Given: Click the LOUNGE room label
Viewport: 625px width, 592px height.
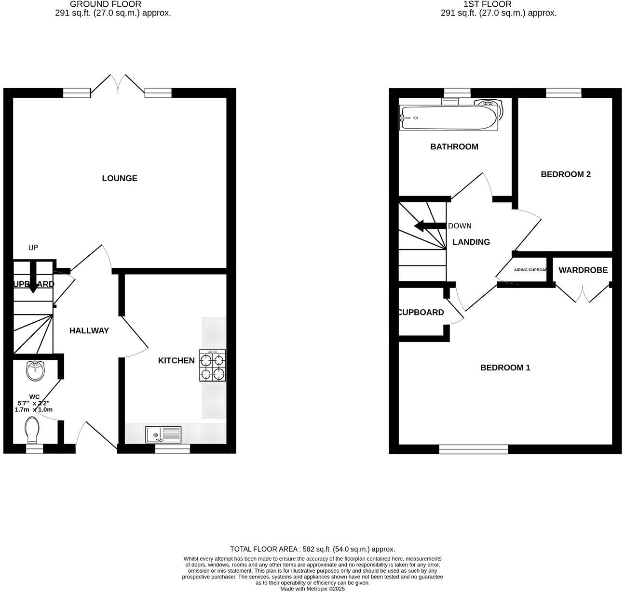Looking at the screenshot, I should coord(120,178).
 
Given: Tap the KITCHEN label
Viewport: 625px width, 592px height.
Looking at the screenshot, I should coord(177,360).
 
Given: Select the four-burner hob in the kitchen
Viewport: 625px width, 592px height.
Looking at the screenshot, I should coord(213,366).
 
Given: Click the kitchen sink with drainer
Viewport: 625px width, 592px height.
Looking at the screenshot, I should coord(164,434).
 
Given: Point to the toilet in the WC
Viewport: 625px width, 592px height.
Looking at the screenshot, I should coord(33,430).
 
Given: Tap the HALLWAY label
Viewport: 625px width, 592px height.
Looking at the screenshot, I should coord(89,330).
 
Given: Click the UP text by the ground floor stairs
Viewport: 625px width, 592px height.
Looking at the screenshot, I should coord(33,248).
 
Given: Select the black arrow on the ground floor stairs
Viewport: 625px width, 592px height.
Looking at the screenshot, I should coord(33,277).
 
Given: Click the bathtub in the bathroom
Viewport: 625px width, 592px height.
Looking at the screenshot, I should coord(448,118).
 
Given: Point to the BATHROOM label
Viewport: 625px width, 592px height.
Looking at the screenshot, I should coord(454,146).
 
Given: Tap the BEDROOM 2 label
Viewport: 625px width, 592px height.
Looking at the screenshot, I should coord(566,174).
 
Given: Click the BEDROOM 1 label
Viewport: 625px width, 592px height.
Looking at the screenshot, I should coord(505,368).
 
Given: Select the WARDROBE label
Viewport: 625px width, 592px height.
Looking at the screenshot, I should coord(583,270).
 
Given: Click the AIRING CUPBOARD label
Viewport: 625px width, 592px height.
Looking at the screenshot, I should coord(530,270).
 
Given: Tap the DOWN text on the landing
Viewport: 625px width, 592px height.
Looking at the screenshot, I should coord(460,226).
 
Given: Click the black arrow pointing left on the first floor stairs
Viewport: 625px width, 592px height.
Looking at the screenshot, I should coord(429,226).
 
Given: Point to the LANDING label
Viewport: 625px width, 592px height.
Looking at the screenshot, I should coord(471,242).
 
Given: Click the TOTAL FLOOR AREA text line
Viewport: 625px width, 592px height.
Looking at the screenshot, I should coord(312,549).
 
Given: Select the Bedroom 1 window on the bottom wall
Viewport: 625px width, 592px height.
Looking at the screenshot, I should coord(474,449).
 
